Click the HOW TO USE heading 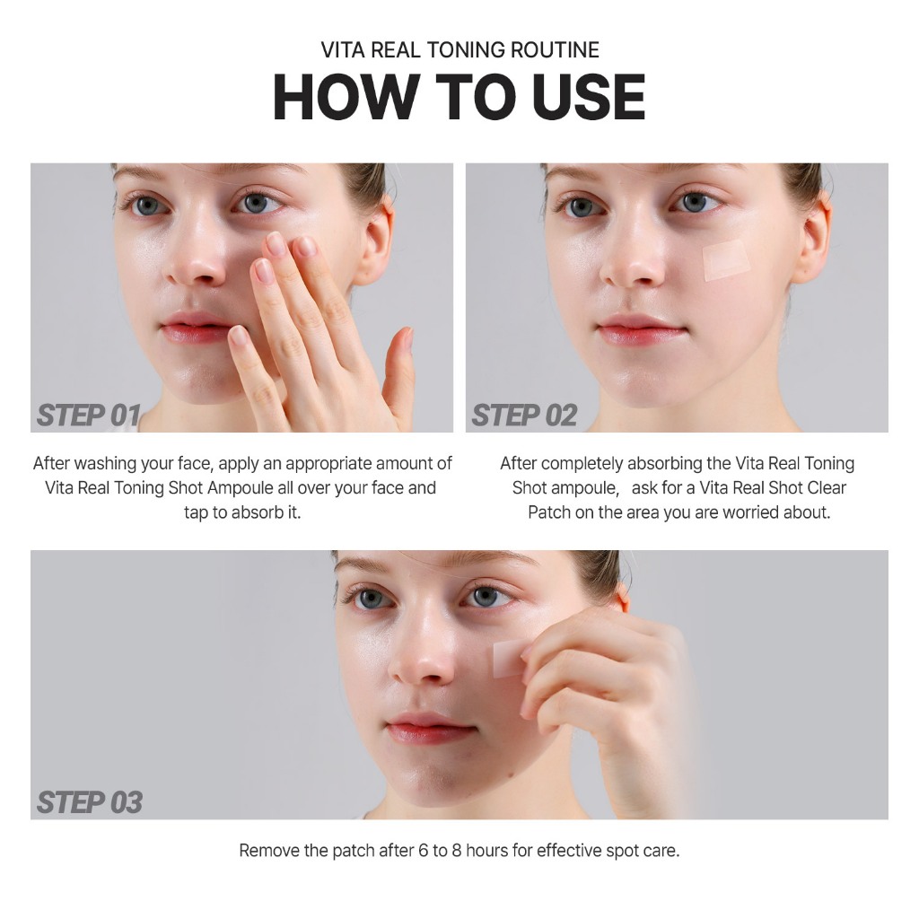tap(459, 97)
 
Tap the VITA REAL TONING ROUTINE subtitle tap(460, 50)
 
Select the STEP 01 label tap(89, 415)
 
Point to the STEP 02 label tap(524, 415)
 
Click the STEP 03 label tap(89, 801)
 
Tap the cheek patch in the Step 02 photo tap(727, 259)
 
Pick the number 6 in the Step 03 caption tap(424, 851)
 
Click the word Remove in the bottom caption tap(269, 851)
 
